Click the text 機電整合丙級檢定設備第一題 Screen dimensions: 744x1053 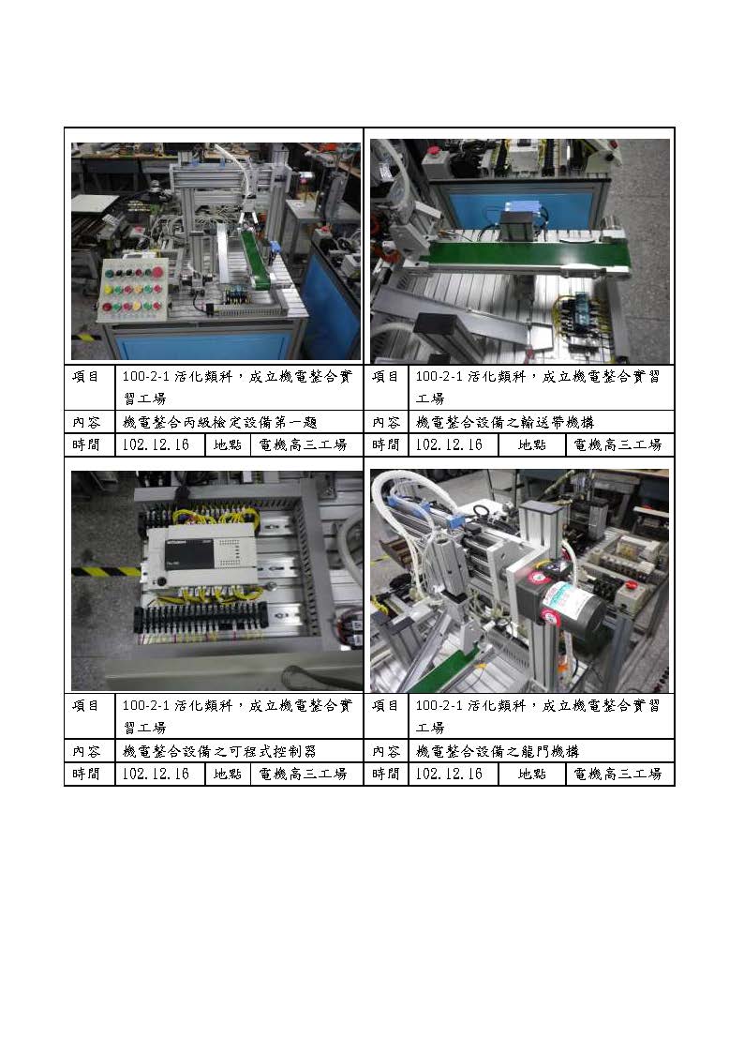[220, 422]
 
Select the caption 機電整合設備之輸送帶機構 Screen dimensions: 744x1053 [505, 422]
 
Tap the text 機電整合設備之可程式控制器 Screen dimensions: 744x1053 [220, 751]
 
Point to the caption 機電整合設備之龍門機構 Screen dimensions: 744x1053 [498, 751]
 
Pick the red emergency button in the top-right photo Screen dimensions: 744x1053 [434, 151]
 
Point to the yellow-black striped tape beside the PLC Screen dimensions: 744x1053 [106, 571]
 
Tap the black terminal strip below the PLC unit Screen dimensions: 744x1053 [201, 617]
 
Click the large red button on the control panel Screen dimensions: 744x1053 [157, 272]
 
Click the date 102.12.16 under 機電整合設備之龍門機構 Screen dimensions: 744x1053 [449, 775]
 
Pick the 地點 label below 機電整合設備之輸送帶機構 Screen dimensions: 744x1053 [531, 445]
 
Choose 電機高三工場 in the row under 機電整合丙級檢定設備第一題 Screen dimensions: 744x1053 [304, 445]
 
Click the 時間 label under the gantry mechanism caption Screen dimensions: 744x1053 [386, 775]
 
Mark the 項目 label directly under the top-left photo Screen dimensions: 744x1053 [86, 377]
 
